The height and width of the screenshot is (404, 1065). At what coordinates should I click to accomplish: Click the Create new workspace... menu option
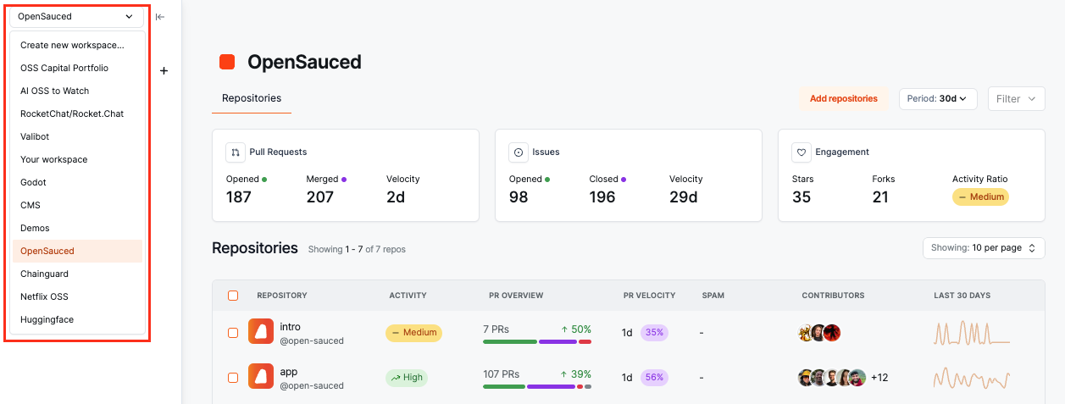pos(72,45)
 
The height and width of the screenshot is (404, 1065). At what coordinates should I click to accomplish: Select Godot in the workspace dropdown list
pos(34,182)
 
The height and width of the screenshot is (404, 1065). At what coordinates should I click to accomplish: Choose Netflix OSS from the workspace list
pos(44,296)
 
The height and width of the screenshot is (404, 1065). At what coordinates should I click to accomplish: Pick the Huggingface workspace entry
pos(47,319)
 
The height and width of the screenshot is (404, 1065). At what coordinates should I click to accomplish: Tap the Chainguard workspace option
pos(44,274)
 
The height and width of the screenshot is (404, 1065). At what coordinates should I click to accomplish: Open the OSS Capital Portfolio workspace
pos(64,68)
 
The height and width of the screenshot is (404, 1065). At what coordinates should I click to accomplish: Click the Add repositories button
pos(843,98)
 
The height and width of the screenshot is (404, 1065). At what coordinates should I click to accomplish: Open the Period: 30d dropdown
pos(938,98)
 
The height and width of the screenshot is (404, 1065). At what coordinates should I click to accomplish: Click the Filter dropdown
pos(1016,99)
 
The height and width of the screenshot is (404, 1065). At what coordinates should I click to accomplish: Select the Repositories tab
pos(252,98)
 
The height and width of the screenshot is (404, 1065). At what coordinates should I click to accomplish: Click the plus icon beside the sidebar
pos(164,71)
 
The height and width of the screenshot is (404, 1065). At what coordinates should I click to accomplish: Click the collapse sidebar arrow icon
pos(160,16)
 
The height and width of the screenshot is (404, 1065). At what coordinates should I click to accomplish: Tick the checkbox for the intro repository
pos(233,333)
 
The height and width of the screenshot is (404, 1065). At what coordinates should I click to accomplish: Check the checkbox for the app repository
pos(233,378)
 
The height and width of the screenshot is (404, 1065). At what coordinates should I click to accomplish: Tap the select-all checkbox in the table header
pos(233,296)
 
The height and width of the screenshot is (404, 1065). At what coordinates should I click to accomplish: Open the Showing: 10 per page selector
pos(983,248)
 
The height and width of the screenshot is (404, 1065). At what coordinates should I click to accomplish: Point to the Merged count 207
pos(320,197)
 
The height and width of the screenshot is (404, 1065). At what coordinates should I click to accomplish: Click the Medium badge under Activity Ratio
pos(980,197)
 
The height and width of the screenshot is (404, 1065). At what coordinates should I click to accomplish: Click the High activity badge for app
pos(407,378)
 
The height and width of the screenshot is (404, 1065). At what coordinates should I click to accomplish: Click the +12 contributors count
pos(879,378)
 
